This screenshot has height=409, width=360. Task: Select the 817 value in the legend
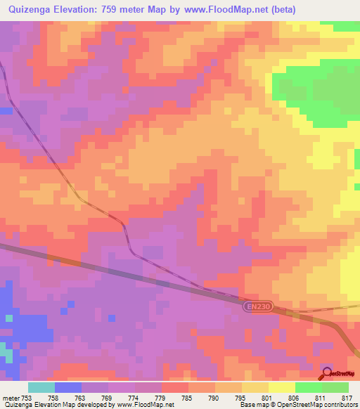(x=346, y=397)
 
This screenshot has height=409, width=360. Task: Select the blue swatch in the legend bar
(x=68, y=387)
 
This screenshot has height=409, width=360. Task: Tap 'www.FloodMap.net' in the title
(x=216, y=9)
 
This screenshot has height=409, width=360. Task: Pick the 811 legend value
(x=320, y=397)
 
